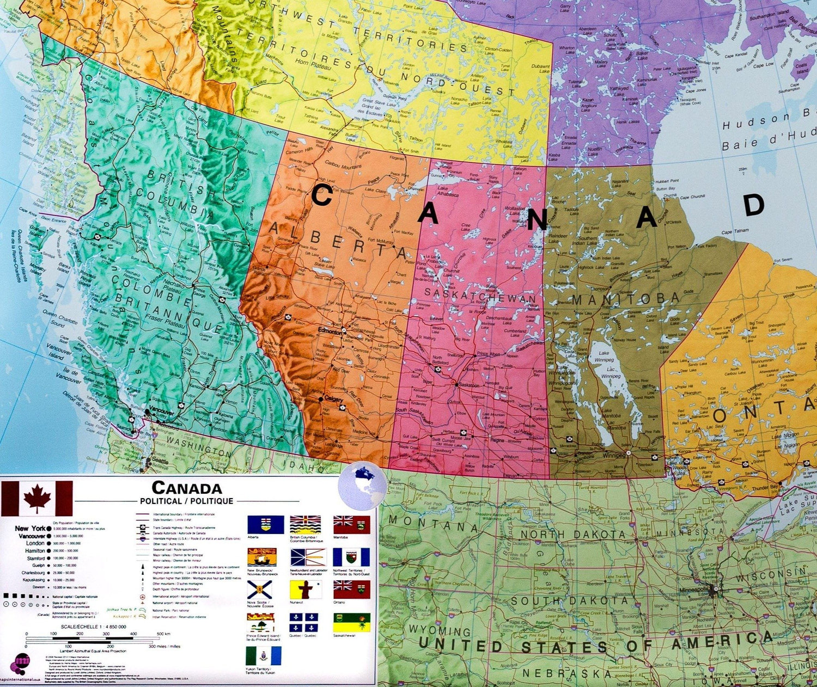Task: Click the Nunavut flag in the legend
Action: pos(305,590)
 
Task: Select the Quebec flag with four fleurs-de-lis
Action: pos(303,622)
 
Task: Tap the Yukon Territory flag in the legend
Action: pos(264,656)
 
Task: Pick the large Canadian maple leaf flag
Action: pos(37,498)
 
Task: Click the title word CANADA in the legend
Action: pos(186,488)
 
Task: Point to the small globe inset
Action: pos(362,486)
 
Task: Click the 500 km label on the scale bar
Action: pos(163,634)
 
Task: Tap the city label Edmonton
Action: pos(330,332)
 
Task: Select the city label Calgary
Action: pos(334,399)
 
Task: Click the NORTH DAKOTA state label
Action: pos(572,535)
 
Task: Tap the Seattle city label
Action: pos(160,460)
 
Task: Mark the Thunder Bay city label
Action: pos(764,488)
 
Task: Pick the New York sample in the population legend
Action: pos(31,529)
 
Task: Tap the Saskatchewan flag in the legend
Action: pos(351,622)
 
